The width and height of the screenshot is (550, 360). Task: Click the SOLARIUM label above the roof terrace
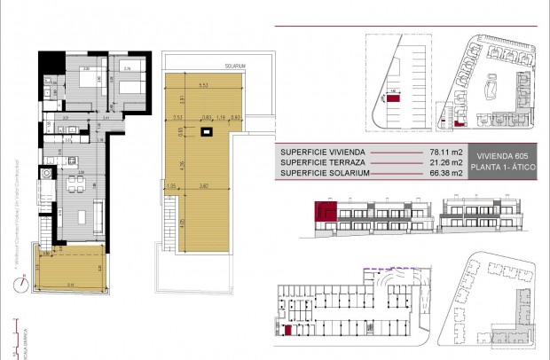pyautogui.click(x=234, y=66)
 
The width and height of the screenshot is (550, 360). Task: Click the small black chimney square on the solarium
pyautogui.click(x=207, y=134)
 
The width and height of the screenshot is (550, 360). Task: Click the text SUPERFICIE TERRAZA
pyautogui.click(x=320, y=162)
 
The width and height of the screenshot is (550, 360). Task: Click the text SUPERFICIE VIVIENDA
pyautogui.click(x=320, y=152)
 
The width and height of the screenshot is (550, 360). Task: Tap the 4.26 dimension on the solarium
pyautogui.click(x=181, y=163)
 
